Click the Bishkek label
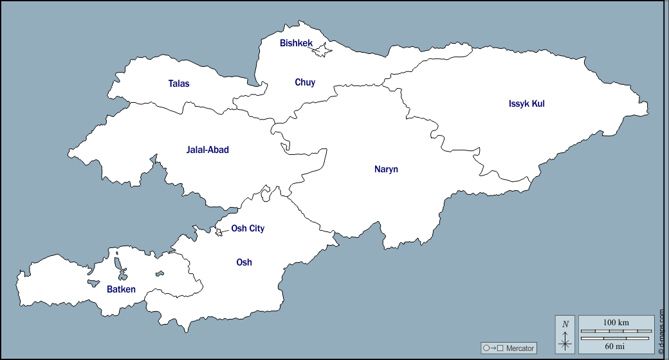(x=296, y=43)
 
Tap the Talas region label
(x=179, y=84)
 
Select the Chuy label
(x=305, y=82)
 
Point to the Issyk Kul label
(x=526, y=104)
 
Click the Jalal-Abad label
(x=207, y=150)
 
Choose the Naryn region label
(x=386, y=170)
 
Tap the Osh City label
(x=248, y=228)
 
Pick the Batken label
(x=121, y=289)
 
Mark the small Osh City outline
(x=219, y=233)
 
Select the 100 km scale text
(x=616, y=322)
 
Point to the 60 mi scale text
(x=616, y=346)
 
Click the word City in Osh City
(x=256, y=228)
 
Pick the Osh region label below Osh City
(x=244, y=262)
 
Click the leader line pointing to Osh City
(x=225, y=231)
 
